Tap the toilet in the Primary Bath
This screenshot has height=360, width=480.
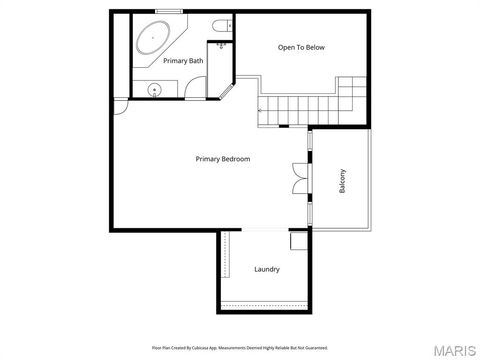tap(220, 25)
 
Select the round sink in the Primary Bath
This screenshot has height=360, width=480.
tap(154, 89)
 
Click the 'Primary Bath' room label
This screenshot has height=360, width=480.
tap(183, 61)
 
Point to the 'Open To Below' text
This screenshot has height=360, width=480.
tap(301, 47)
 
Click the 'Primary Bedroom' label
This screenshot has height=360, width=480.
tap(222, 159)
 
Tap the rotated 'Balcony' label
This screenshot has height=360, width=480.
tap(343, 180)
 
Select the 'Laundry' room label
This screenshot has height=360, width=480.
tap(267, 269)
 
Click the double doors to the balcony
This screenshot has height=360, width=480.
tap(299, 177)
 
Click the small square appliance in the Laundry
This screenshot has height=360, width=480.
tap(298, 241)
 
